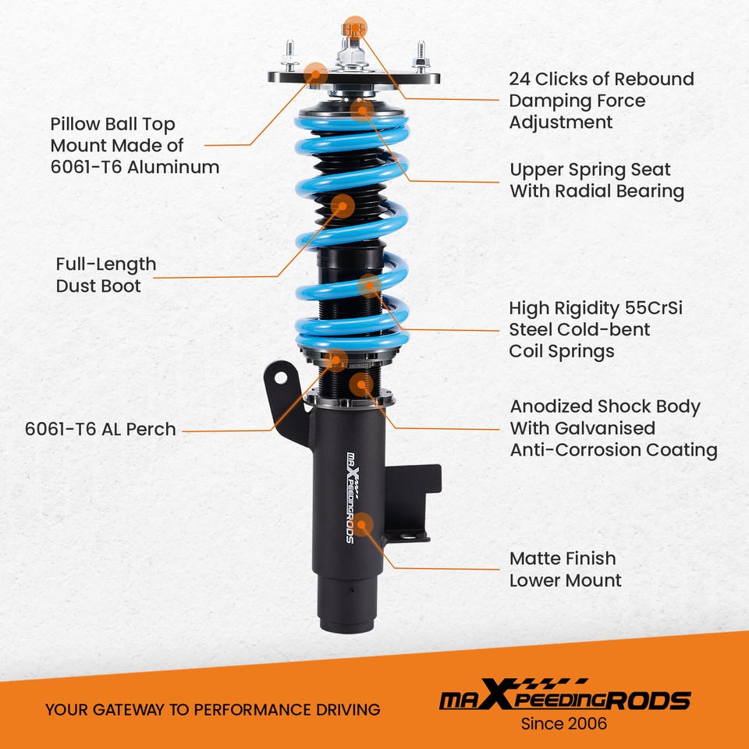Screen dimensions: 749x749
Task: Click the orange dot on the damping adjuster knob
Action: tap(355, 28)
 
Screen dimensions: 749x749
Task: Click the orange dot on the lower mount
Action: tap(363, 524)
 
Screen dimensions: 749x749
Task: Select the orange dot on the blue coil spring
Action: tap(369, 285)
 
